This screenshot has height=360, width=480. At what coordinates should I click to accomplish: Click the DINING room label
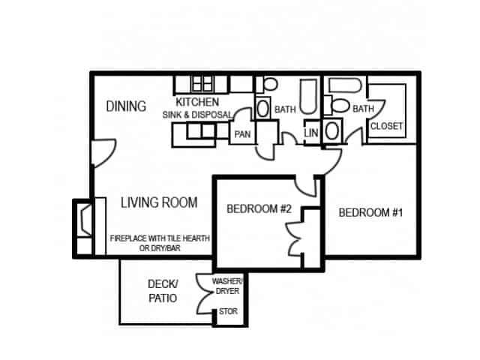coord(126,106)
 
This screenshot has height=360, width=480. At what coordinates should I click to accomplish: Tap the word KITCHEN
coord(197,102)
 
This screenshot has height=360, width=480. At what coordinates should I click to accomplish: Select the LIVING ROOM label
coord(159,202)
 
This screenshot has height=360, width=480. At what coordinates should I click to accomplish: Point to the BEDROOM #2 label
coord(259,208)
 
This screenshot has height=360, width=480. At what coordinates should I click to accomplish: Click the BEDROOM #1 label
coord(370,212)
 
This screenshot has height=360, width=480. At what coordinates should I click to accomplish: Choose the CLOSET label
coord(387,126)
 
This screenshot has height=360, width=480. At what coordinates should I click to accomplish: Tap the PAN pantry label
coord(242,134)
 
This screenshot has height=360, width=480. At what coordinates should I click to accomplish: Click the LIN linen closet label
coord(311,133)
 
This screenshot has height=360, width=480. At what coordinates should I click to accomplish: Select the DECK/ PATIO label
coord(163,291)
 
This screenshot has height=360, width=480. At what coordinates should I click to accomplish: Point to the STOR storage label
coord(228,311)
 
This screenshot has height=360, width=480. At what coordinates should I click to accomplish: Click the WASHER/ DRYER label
coord(227,286)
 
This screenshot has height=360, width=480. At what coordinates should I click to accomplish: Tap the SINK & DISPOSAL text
coord(197,115)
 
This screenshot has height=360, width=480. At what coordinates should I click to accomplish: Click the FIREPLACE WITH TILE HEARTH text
coord(160,238)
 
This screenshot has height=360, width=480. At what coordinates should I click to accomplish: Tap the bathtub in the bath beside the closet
coord(345,85)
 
